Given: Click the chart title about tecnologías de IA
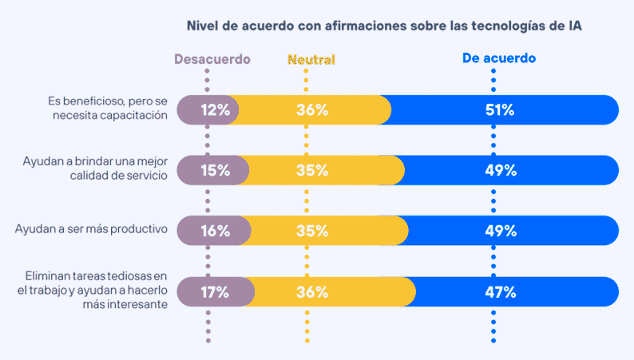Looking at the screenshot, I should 384,26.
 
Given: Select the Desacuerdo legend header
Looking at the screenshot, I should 212,59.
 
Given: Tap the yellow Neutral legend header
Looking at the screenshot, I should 311,59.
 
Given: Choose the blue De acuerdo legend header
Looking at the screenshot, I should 498,58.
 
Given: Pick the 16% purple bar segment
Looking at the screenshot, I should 211,231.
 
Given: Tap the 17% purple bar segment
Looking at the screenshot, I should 214,291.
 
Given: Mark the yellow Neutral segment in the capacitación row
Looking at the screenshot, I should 311,110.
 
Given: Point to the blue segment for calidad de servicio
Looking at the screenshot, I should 511,170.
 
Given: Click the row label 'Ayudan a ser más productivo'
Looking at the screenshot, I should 91,229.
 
